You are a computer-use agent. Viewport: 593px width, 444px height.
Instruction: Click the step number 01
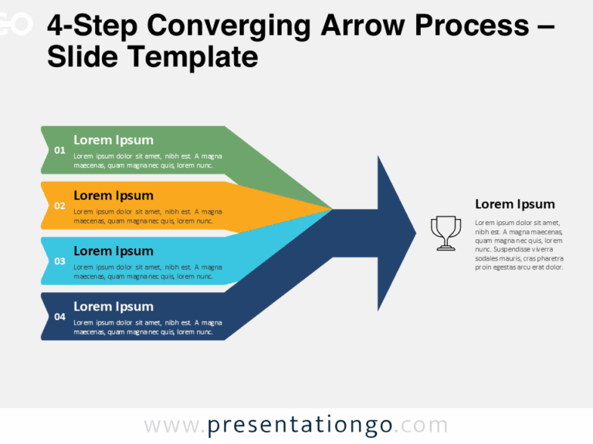(x=59, y=150)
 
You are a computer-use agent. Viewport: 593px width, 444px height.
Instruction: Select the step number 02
(x=59, y=206)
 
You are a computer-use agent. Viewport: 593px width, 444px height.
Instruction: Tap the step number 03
(x=59, y=261)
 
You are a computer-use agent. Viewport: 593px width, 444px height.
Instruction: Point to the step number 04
(x=59, y=317)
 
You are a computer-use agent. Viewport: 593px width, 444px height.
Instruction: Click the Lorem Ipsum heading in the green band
(x=114, y=140)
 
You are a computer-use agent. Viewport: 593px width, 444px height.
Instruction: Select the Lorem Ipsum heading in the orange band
(x=114, y=195)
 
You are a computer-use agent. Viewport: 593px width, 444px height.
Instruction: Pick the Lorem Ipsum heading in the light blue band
(x=114, y=251)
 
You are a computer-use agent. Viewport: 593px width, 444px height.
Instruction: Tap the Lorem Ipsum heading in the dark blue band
(x=114, y=306)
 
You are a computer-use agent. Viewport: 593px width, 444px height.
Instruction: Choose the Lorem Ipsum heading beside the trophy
(x=514, y=204)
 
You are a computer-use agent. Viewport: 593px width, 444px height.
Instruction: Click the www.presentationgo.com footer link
(x=296, y=425)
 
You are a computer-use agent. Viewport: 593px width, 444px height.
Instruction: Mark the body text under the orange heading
(x=147, y=216)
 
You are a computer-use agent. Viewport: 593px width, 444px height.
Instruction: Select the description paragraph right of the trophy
(x=519, y=245)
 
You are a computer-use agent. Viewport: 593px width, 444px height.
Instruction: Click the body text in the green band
(x=147, y=160)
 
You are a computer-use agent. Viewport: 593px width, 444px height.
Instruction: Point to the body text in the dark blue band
(x=147, y=327)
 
